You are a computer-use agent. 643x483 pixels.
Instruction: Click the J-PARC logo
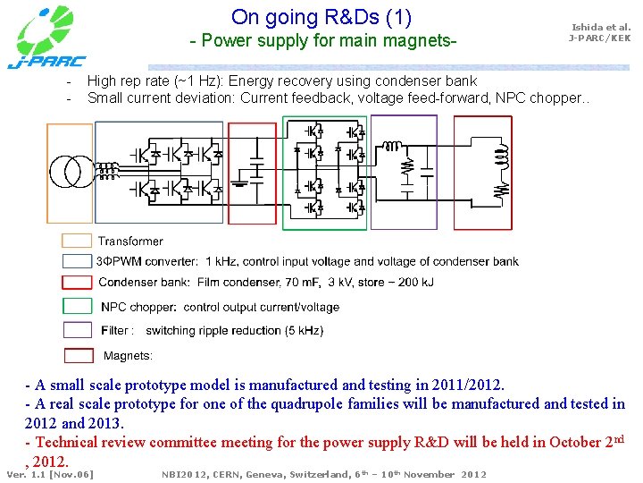point(46,37)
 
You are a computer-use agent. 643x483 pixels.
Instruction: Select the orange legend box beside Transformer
point(77,241)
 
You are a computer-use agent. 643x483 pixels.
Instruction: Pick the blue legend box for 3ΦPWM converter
point(77,261)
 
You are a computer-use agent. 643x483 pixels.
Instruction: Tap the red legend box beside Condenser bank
point(77,282)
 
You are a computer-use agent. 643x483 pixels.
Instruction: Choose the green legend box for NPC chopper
point(77,306)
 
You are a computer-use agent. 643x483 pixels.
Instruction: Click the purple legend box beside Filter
point(77,330)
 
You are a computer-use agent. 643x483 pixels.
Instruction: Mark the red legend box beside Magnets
point(77,354)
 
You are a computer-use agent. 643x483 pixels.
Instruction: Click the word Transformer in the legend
point(130,241)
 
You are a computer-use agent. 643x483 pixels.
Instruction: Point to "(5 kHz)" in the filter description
point(303,330)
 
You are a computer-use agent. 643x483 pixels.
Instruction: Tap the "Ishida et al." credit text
point(600,28)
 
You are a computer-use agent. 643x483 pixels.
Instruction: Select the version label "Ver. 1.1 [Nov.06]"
point(50,474)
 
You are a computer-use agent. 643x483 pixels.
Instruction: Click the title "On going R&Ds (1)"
point(321,17)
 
